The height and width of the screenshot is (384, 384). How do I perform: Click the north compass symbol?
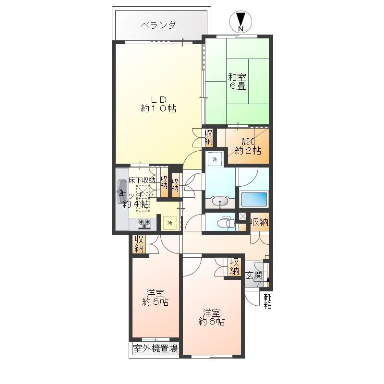click(241, 22)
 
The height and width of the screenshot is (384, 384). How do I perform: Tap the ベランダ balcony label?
click(158, 25)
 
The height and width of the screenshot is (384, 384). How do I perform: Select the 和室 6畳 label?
click(237, 81)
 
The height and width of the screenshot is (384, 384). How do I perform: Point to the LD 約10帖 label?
click(158, 104)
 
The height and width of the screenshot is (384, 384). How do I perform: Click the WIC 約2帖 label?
click(248, 146)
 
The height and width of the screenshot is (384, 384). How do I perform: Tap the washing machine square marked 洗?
click(215, 159)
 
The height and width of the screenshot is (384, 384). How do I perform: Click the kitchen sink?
click(122, 192)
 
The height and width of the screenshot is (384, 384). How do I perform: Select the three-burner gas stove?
click(144, 224)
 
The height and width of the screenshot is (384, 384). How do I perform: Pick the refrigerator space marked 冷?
click(170, 223)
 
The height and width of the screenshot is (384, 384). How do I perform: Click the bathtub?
click(254, 199)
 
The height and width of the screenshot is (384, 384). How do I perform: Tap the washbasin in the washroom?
click(220, 202)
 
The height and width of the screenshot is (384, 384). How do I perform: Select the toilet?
click(226, 223)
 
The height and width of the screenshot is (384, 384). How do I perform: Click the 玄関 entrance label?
click(254, 276)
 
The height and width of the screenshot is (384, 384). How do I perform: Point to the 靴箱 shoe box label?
click(267, 301)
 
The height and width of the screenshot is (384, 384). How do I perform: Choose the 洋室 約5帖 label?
click(155, 298)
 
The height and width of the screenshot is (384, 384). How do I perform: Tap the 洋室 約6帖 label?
click(211, 317)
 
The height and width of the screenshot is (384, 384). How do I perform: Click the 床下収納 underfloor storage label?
click(142, 180)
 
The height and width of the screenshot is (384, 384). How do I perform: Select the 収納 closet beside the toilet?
click(259, 222)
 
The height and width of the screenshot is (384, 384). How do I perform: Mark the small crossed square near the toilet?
click(242, 216)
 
